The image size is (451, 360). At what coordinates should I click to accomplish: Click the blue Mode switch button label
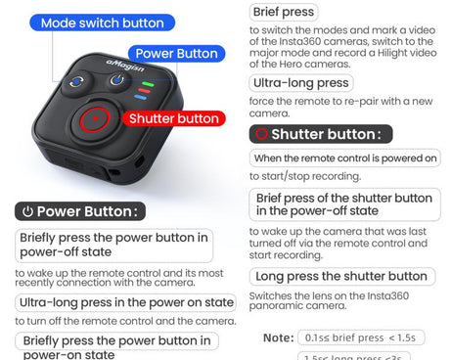point(103,22)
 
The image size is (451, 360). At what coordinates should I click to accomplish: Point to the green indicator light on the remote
point(144,86)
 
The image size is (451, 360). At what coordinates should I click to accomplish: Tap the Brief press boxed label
point(284,12)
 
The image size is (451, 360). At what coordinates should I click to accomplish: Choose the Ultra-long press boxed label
point(300,83)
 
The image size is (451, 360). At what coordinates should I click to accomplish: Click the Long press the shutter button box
point(341,276)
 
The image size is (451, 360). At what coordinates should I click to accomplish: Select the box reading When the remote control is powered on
point(345,157)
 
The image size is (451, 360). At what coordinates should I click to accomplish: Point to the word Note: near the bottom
point(278,337)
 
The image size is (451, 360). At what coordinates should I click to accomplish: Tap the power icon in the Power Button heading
point(27,211)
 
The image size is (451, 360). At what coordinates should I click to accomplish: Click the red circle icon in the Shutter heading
point(260,134)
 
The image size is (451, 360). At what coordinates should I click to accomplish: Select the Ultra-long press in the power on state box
point(126,302)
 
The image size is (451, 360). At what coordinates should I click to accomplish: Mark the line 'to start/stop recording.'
point(304,176)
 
